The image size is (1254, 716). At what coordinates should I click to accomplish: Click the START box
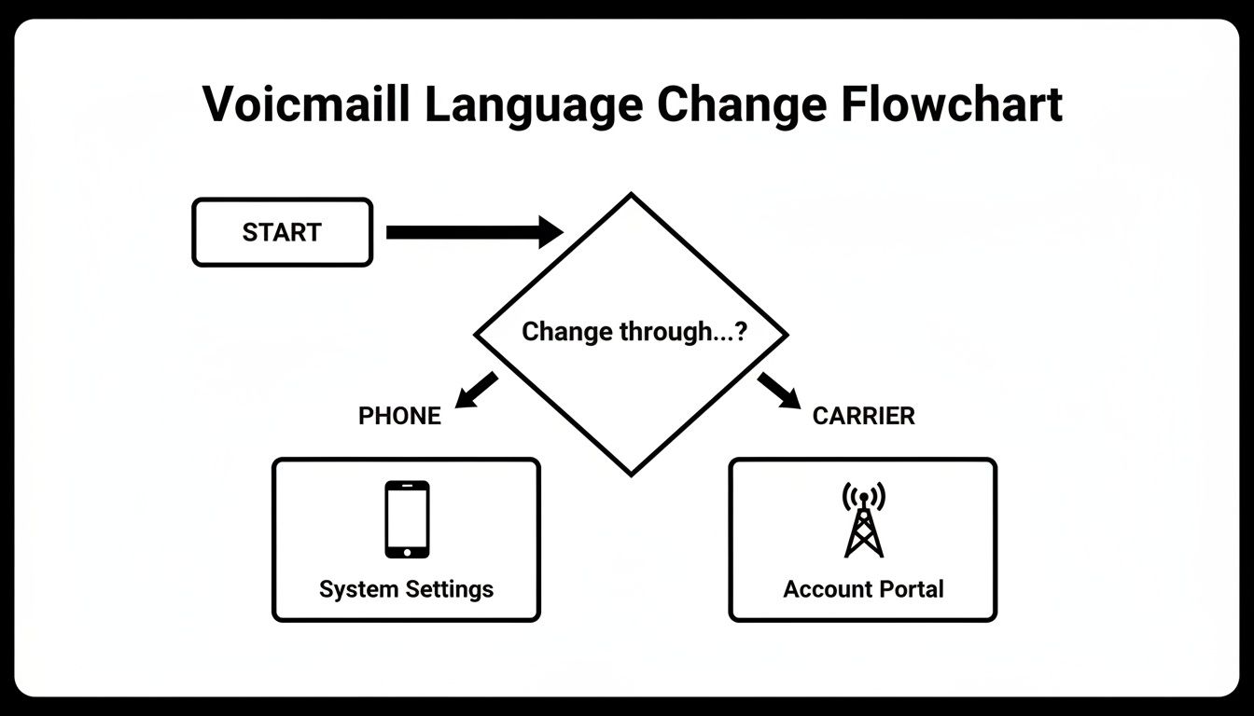pos(282,232)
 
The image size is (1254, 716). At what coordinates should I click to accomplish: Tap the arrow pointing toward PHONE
pos(477,389)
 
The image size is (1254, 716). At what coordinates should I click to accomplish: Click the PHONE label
pos(399,416)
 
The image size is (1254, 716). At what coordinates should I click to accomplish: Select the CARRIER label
pos(863,416)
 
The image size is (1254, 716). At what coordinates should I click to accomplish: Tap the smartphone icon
pos(407,519)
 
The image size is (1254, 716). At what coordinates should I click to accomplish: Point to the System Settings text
pos(406,589)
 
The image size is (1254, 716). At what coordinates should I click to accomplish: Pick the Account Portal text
pos(863,589)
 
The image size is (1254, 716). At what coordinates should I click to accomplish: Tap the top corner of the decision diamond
pos(632,195)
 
